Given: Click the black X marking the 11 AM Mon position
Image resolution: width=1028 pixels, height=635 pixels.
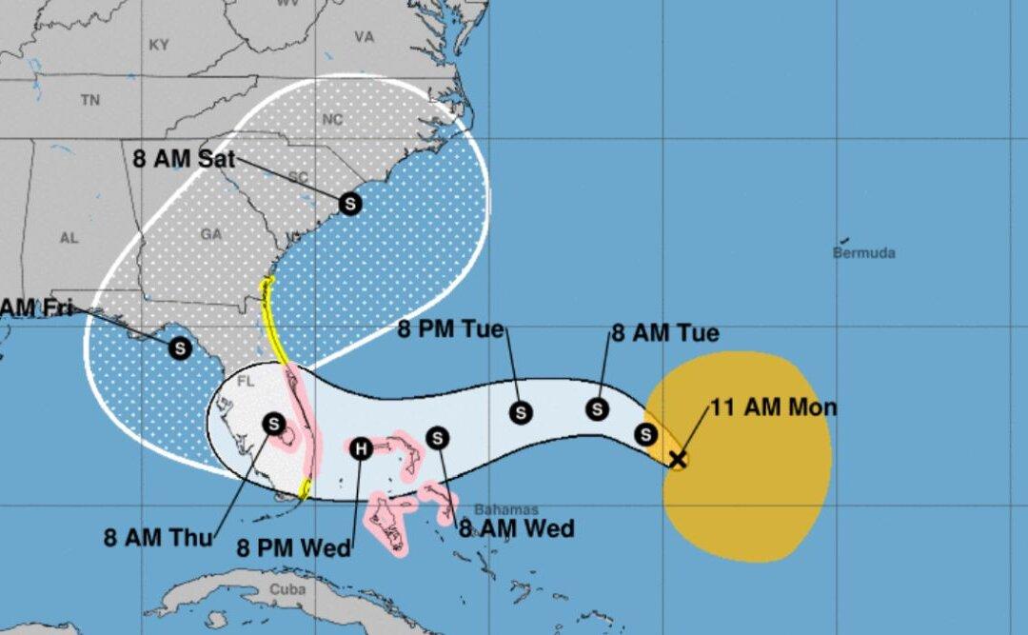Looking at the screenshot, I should pyautogui.click(x=677, y=460).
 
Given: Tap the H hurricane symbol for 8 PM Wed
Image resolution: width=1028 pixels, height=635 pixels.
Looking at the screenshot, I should pyautogui.click(x=361, y=449).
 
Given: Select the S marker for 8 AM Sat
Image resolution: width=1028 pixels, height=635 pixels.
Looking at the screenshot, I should pyautogui.click(x=350, y=203).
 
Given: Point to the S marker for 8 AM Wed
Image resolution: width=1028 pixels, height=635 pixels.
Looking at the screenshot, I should pyautogui.click(x=437, y=438).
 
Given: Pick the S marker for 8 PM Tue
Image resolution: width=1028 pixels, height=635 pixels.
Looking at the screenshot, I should pyautogui.click(x=521, y=412).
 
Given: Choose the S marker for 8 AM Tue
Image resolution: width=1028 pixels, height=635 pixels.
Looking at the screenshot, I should pyautogui.click(x=597, y=408).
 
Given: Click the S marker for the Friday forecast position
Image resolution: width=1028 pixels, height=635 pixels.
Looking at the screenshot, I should pyautogui.click(x=179, y=348).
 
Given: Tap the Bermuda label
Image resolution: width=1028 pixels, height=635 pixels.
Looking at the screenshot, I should pyautogui.click(x=863, y=253).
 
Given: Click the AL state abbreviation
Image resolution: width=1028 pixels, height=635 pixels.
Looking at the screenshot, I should pyautogui.click(x=69, y=238).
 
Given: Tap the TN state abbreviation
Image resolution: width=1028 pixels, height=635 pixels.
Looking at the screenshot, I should pyautogui.click(x=90, y=99).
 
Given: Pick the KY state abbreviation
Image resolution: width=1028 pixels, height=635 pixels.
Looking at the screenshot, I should pyautogui.click(x=159, y=45).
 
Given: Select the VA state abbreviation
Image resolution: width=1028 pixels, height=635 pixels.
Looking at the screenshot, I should pyautogui.click(x=364, y=37).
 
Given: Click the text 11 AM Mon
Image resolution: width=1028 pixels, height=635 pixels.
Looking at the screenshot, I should pyautogui.click(x=774, y=408).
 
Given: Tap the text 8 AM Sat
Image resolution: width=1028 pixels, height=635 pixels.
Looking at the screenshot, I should pyautogui.click(x=184, y=159).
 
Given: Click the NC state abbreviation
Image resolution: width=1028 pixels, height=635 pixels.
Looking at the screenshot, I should pyautogui.click(x=332, y=120).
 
